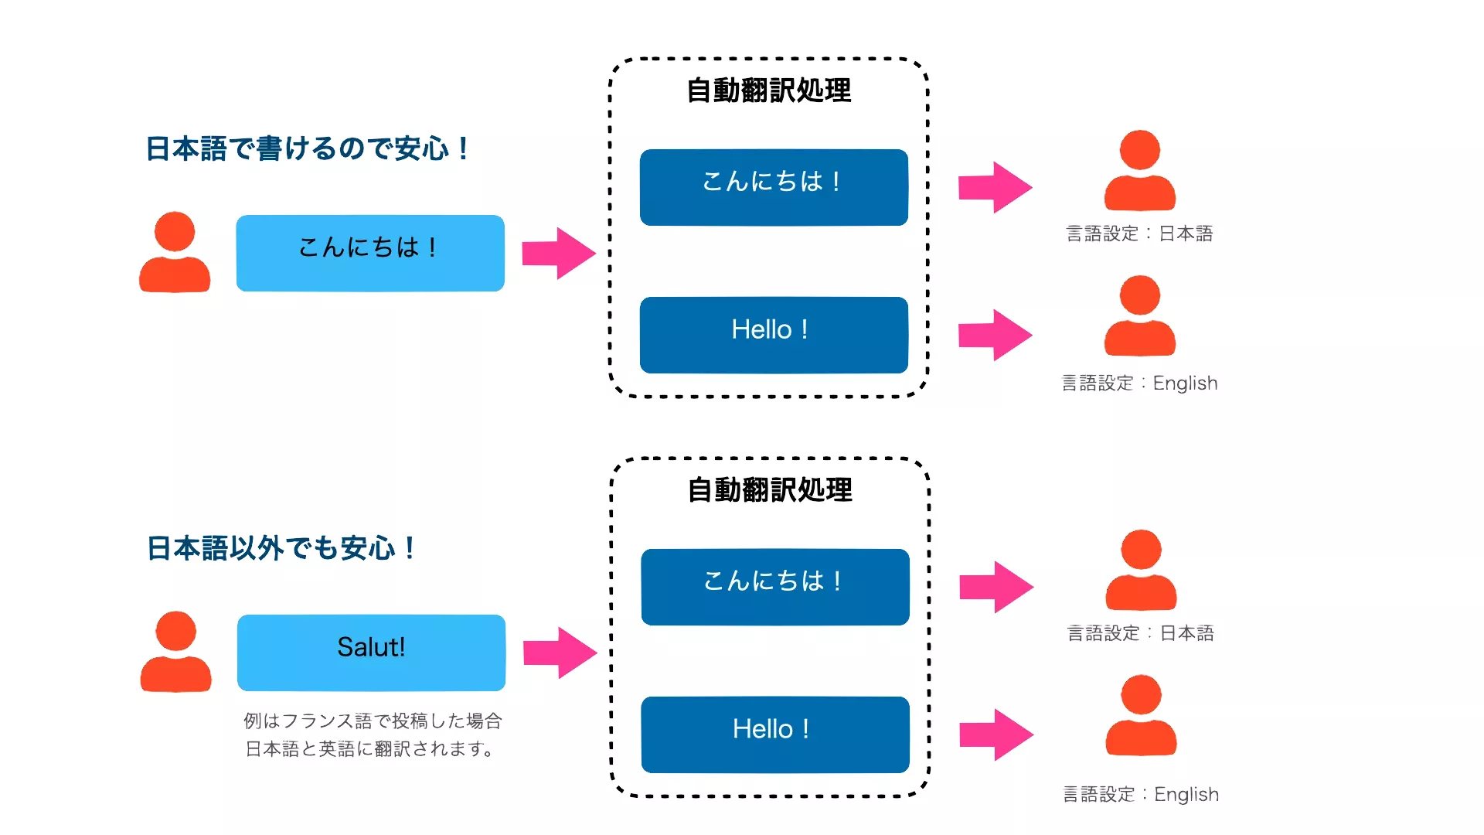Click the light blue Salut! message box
[x=371, y=652]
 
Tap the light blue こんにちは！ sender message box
[x=370, y=253]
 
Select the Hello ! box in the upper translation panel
[x=774, y=335]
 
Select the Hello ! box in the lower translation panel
[x=774, y=734]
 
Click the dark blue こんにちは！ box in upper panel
[x=774, y=187]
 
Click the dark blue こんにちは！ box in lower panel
[x=774, y=586]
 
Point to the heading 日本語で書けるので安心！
[x=307, y=148]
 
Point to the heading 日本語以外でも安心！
[x=281, y=548]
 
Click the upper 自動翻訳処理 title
[x=769, y=90]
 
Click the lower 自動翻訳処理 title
[x=770, y=490]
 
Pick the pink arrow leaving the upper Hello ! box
[x=996, y=335]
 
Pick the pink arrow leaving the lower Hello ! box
[x=996, y=734]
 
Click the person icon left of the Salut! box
[x=175, y=652]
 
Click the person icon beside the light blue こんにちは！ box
[x=175, y=252]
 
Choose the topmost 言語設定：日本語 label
[x=1139, y=233]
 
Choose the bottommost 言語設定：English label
[x=1141, y=794]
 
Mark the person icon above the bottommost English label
[x=1141, y=715]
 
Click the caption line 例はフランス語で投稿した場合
[x=373, y=721]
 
